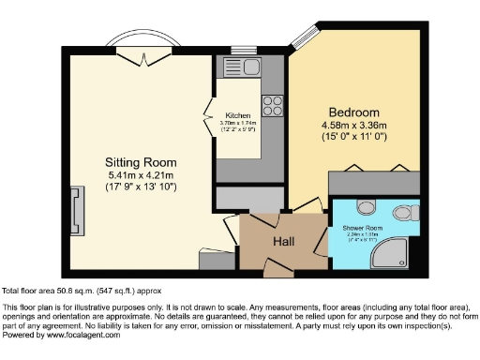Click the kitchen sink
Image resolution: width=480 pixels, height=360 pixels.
coord(245,67)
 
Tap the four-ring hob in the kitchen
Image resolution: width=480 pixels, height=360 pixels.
coord(273,104)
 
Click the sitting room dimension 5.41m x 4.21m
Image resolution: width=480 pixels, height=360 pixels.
coord(140,175)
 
